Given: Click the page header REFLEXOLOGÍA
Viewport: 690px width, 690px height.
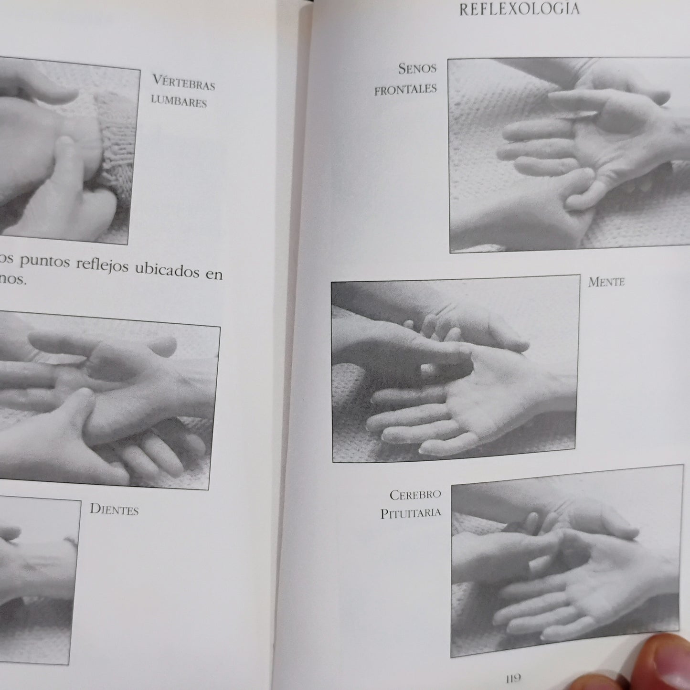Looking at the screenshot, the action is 519,9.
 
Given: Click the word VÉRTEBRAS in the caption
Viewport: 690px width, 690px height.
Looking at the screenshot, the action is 184,83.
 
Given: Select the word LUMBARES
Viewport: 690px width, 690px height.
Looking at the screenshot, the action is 179,102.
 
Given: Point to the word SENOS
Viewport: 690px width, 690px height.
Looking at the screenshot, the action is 417,68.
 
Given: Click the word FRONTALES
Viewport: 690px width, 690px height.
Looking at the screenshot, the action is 406,89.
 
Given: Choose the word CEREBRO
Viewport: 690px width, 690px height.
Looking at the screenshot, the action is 415,495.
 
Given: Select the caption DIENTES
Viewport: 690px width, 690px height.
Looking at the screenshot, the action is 114,510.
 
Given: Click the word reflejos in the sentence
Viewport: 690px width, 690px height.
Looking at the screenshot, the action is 102,265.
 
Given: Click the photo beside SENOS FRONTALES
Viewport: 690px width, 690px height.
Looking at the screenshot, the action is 569,155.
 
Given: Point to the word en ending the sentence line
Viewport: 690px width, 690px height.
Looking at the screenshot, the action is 214,274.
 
